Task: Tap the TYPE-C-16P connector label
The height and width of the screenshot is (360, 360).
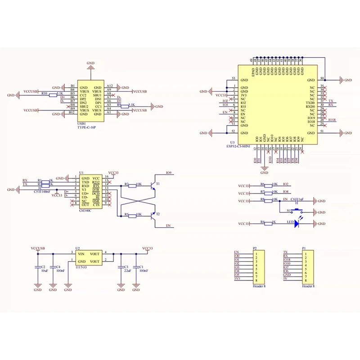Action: pos(87,128)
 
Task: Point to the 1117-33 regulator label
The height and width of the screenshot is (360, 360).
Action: pos(81,267)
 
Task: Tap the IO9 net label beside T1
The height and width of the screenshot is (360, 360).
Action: pos(169,173)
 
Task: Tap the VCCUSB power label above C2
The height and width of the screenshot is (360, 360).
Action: pos(38,248)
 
